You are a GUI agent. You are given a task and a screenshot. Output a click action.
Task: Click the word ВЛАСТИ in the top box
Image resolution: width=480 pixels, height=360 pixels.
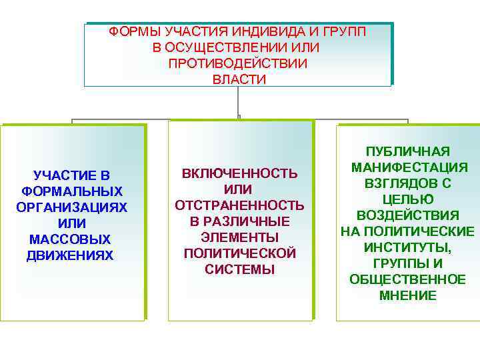point(239,79)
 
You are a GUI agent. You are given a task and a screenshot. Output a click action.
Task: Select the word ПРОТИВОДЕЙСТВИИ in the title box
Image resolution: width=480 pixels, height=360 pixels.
point(238,63)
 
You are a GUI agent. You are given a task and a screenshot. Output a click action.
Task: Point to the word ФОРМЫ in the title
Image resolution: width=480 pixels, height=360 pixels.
point(130,31)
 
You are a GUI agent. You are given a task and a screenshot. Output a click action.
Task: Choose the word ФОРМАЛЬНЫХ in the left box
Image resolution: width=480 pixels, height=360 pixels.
point(72,191)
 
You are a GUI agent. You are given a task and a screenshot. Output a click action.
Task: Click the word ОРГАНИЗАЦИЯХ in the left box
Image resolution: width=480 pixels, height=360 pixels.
point(72,207)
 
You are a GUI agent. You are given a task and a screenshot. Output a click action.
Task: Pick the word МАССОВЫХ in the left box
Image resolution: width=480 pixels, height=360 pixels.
point(72,239)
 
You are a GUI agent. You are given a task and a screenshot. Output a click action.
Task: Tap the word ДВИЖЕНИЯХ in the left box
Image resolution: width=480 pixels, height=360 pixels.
point(72,255)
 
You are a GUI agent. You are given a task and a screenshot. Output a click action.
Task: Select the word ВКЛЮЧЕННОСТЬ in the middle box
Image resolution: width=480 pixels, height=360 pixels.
point(240,173)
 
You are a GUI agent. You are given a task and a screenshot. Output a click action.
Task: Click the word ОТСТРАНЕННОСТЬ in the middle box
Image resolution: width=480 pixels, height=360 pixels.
point(240,205)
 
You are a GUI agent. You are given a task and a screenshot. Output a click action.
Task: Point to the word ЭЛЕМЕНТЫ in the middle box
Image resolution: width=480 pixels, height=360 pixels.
point(240,237)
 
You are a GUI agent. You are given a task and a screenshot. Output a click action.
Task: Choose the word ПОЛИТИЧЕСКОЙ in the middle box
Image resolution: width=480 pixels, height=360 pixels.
point(240,253)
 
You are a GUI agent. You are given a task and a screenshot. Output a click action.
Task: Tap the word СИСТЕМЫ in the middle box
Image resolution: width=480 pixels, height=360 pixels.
point(240,269)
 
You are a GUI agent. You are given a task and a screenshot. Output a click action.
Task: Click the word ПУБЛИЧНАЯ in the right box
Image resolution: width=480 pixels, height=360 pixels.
point(408,151)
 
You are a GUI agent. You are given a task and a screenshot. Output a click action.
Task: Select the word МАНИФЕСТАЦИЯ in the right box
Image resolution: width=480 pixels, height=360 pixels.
point(408,167)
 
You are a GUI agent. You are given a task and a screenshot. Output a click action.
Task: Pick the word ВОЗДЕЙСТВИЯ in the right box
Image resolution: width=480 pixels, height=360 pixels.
point(408,215)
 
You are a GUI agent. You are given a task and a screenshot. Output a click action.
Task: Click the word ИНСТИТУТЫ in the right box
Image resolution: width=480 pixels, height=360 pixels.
point(408,247)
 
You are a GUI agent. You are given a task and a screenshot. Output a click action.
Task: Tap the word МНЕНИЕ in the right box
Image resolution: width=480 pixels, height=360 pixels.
point(408,295)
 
